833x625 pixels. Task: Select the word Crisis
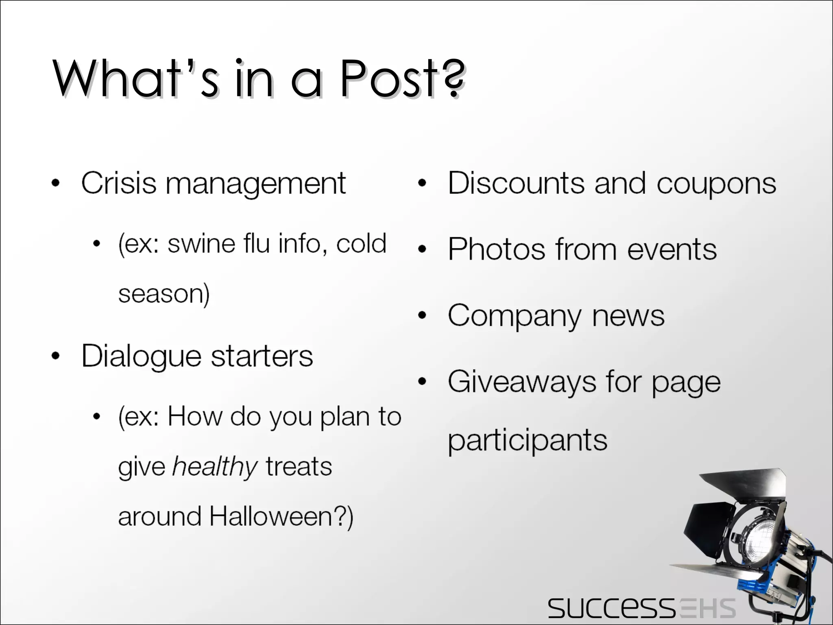tap(119, 183)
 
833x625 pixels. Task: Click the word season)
tap(164, 294)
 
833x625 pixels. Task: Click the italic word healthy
tap(215, 467)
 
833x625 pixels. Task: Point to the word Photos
tap(497, 249)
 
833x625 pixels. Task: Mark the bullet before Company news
tap(423, 315)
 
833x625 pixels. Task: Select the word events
tap(672, 249)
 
